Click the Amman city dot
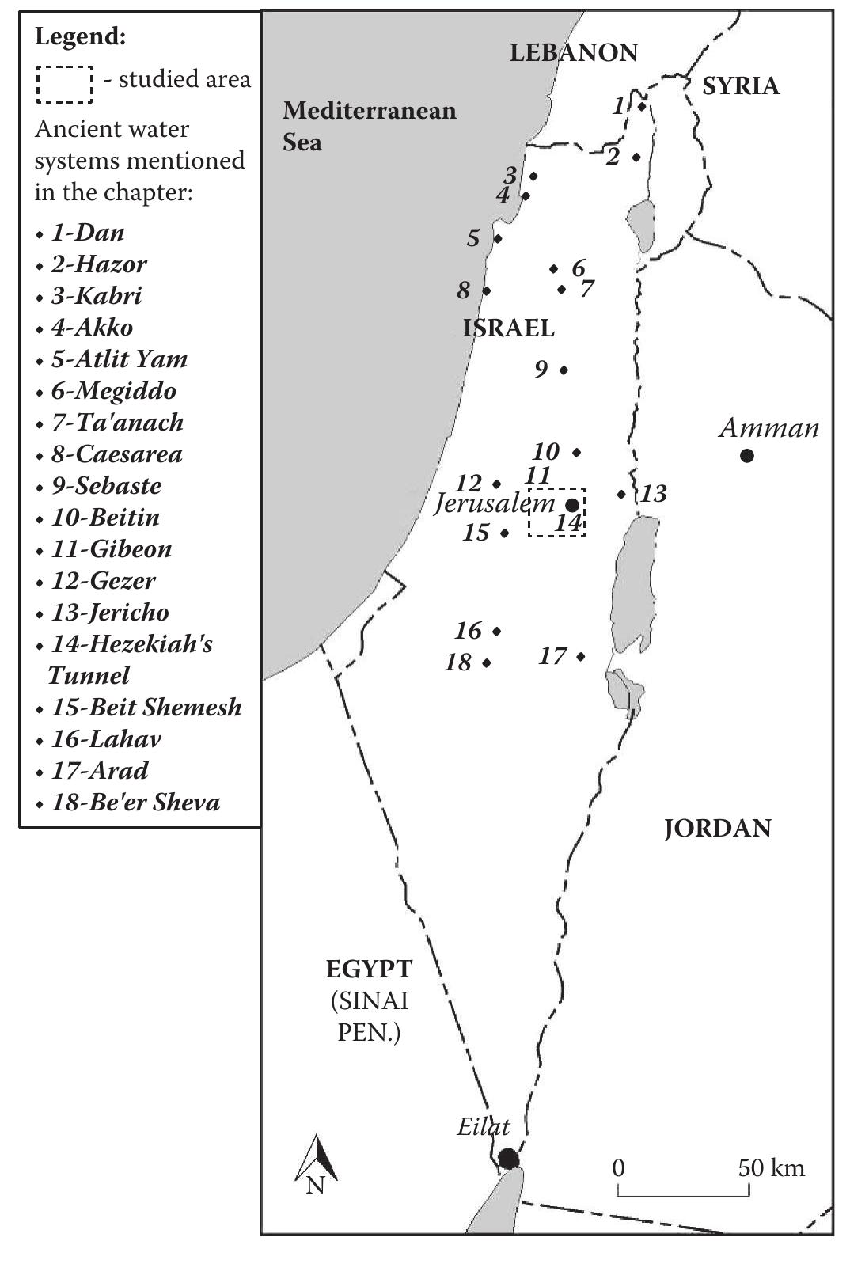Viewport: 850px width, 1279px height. [x=746, y=455]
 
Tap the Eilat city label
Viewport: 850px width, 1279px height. [x=483, y=1126]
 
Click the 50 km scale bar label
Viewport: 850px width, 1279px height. [x=771, y=1168]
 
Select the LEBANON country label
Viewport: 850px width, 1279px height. [x=573, y=53]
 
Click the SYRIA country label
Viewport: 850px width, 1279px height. [x=740, y=85]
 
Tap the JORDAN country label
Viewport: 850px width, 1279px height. [x=717, y=829]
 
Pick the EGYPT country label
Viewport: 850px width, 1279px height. [x=369, y=969]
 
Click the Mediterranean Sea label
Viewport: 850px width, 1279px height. [x=369, y=126]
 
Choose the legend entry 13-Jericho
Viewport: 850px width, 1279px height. [x=109, y=613]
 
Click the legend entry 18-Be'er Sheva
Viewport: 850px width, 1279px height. [x=135, y=803]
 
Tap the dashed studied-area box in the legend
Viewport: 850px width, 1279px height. [x=63, y=84]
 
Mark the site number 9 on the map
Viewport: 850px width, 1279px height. [x=541, y=369]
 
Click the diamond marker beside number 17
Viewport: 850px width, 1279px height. [x=581, y=656]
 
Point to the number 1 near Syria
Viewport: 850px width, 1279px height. [x=619, y=105]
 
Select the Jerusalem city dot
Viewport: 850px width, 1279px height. [x=572, y=505]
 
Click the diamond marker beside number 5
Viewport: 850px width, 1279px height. [x=498, y=238]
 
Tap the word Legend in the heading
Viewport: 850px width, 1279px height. [x=80, y=36]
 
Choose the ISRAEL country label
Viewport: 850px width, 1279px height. [x=508, y=328]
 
